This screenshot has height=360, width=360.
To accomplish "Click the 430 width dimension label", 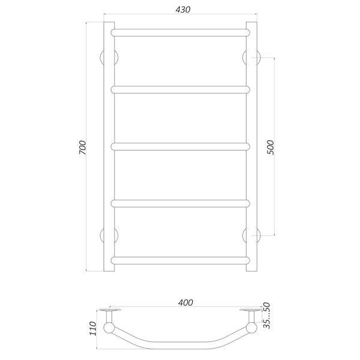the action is pyautogui.click(x=183, y=10).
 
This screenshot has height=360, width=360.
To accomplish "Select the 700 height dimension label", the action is pyautogui.click(x=83, y=147).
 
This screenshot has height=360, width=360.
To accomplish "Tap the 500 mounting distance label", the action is pyautogui.click(x=271, y=147).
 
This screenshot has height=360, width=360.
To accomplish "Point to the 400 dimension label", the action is pyautogui.click(x=185, y=302).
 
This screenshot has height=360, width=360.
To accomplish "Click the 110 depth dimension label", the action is pyautogui.click(x=93, y=329).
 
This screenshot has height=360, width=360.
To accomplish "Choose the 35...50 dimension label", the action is pyautogui.click(x=266, y=316).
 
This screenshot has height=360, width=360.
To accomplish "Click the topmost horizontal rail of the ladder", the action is pyautogui.click(x=180, y=32).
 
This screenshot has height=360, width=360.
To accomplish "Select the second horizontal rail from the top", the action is pyautogui.click(x=180, y=89).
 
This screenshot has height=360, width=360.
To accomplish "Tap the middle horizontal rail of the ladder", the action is pyautogui.click(x=180, y=146).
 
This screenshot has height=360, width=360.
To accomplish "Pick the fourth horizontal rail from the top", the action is pyautogui.click(x=180, y=203).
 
